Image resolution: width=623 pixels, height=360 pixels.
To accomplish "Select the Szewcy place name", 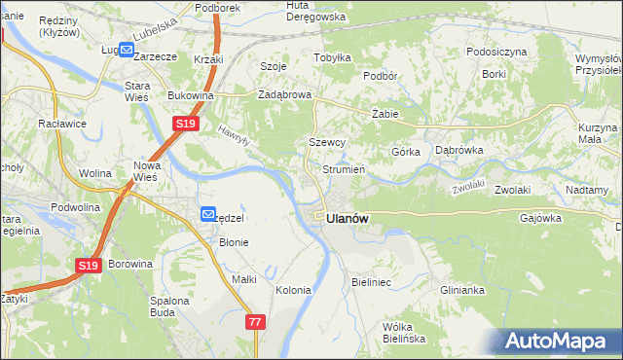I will coord(327,142).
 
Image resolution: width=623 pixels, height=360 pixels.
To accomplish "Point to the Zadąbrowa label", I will coord(283,95).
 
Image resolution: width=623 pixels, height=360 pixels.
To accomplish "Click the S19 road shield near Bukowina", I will coord(187,124).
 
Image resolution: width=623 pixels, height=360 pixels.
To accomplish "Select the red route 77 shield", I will coord(256,322).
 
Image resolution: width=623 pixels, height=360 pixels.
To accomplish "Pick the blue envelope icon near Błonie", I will coord(208,214).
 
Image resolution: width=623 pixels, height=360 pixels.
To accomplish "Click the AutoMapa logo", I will coord(560,341).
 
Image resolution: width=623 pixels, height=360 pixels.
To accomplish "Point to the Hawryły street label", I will coord(235,135).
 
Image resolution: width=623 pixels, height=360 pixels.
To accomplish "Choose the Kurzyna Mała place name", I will coord(597,133).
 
